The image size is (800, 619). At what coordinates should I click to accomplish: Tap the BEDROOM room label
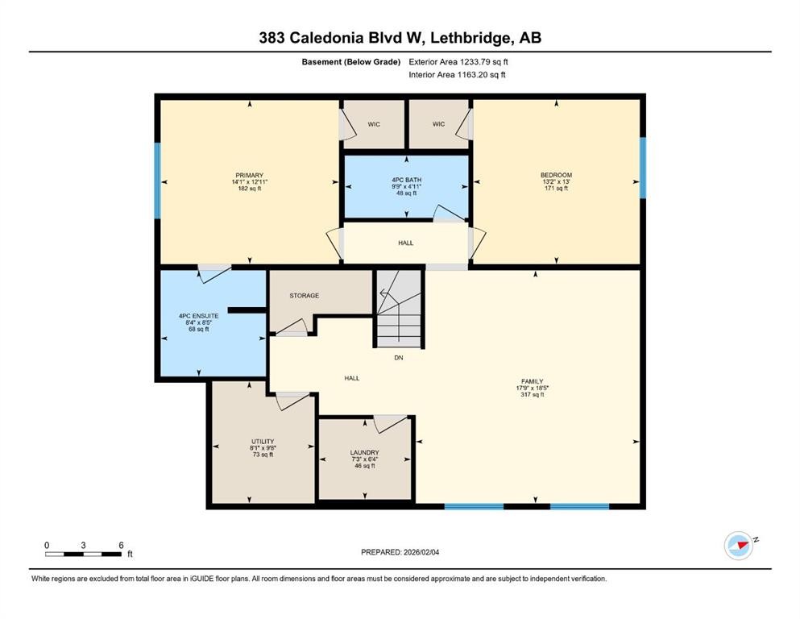556,175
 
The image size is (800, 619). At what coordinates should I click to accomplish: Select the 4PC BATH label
406,180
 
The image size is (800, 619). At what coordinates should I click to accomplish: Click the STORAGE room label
304,296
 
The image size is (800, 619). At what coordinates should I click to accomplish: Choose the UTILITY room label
263,441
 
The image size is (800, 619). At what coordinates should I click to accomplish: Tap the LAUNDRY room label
365,453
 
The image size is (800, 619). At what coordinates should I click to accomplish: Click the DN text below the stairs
398,357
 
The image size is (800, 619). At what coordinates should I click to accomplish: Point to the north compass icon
738,546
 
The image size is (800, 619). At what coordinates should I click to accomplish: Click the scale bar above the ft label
84,554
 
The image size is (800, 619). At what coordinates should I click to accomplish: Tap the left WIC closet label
374,124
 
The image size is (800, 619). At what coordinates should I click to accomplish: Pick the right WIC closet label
438,124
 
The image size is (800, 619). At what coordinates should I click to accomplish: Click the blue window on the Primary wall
158,180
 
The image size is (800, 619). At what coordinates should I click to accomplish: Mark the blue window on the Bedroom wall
642,168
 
